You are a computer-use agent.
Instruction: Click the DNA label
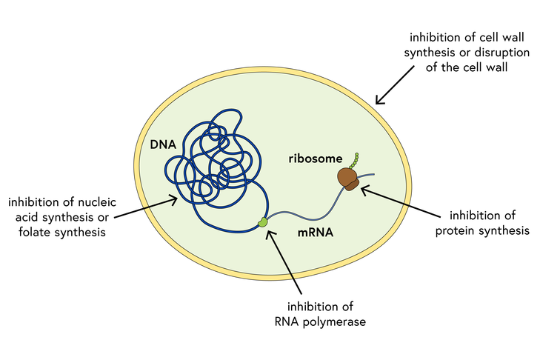162,144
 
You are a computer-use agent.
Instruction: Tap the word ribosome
316,159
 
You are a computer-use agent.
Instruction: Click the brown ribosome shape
348,178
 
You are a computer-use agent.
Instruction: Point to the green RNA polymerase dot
261,222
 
